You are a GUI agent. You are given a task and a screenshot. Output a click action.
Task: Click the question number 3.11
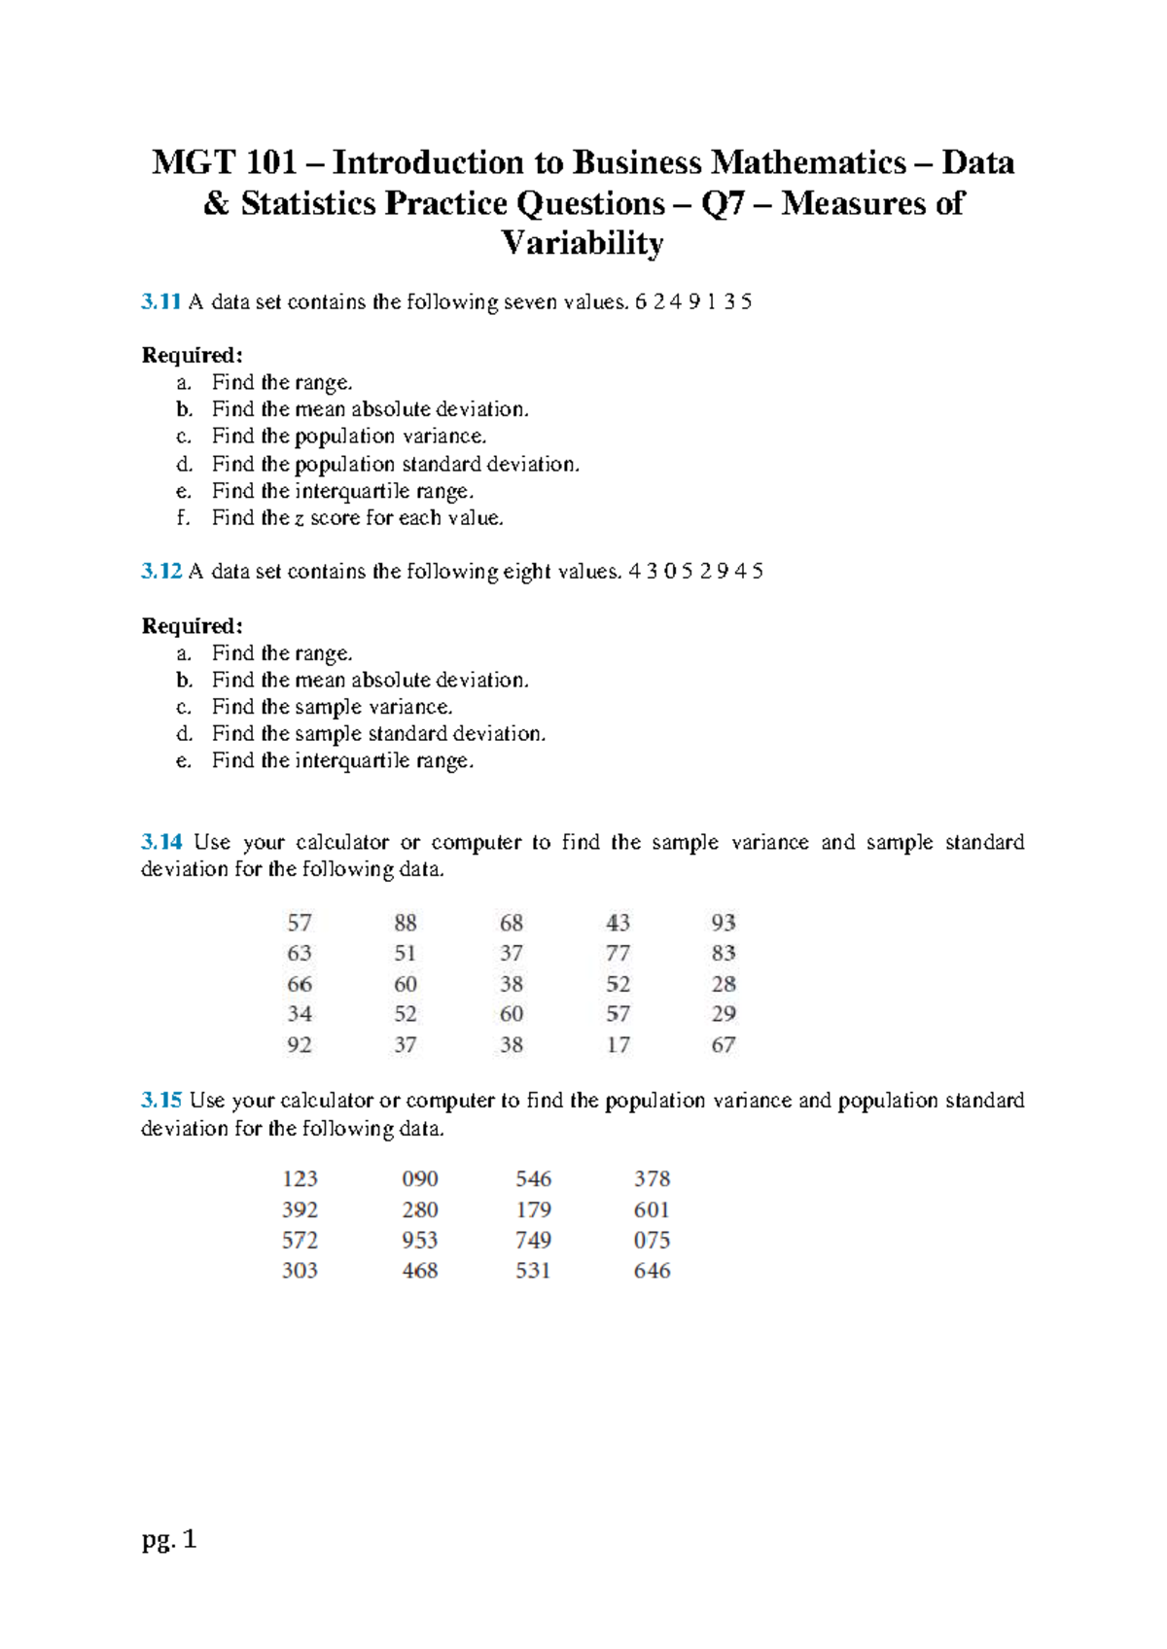161,301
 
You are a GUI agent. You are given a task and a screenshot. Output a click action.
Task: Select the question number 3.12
161,572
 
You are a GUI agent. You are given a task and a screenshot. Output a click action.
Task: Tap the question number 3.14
161,842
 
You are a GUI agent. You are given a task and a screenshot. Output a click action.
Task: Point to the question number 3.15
161,1101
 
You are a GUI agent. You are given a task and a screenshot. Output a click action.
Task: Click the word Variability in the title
583,243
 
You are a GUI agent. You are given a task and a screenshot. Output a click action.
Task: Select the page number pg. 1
169,1539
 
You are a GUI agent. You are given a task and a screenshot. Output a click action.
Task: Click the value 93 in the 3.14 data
724,923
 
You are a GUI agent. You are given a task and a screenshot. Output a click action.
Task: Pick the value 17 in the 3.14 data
618,1045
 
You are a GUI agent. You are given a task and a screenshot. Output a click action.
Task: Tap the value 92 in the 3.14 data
300,1045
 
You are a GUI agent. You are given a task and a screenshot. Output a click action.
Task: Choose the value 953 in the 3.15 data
420,1241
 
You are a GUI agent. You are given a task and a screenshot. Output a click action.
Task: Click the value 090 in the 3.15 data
420,1179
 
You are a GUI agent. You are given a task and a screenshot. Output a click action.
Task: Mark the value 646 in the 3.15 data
652,1271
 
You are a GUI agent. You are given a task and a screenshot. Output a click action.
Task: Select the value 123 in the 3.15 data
300,1179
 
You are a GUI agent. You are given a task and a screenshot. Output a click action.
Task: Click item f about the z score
358,518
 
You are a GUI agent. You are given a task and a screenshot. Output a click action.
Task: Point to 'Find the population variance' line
349,437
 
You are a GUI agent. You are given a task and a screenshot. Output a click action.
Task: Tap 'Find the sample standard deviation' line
378,734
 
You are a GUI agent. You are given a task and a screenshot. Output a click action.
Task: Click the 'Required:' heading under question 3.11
192,355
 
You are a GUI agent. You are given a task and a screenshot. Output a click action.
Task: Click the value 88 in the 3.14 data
406,923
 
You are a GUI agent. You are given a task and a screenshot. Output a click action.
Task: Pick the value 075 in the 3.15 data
652,1241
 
